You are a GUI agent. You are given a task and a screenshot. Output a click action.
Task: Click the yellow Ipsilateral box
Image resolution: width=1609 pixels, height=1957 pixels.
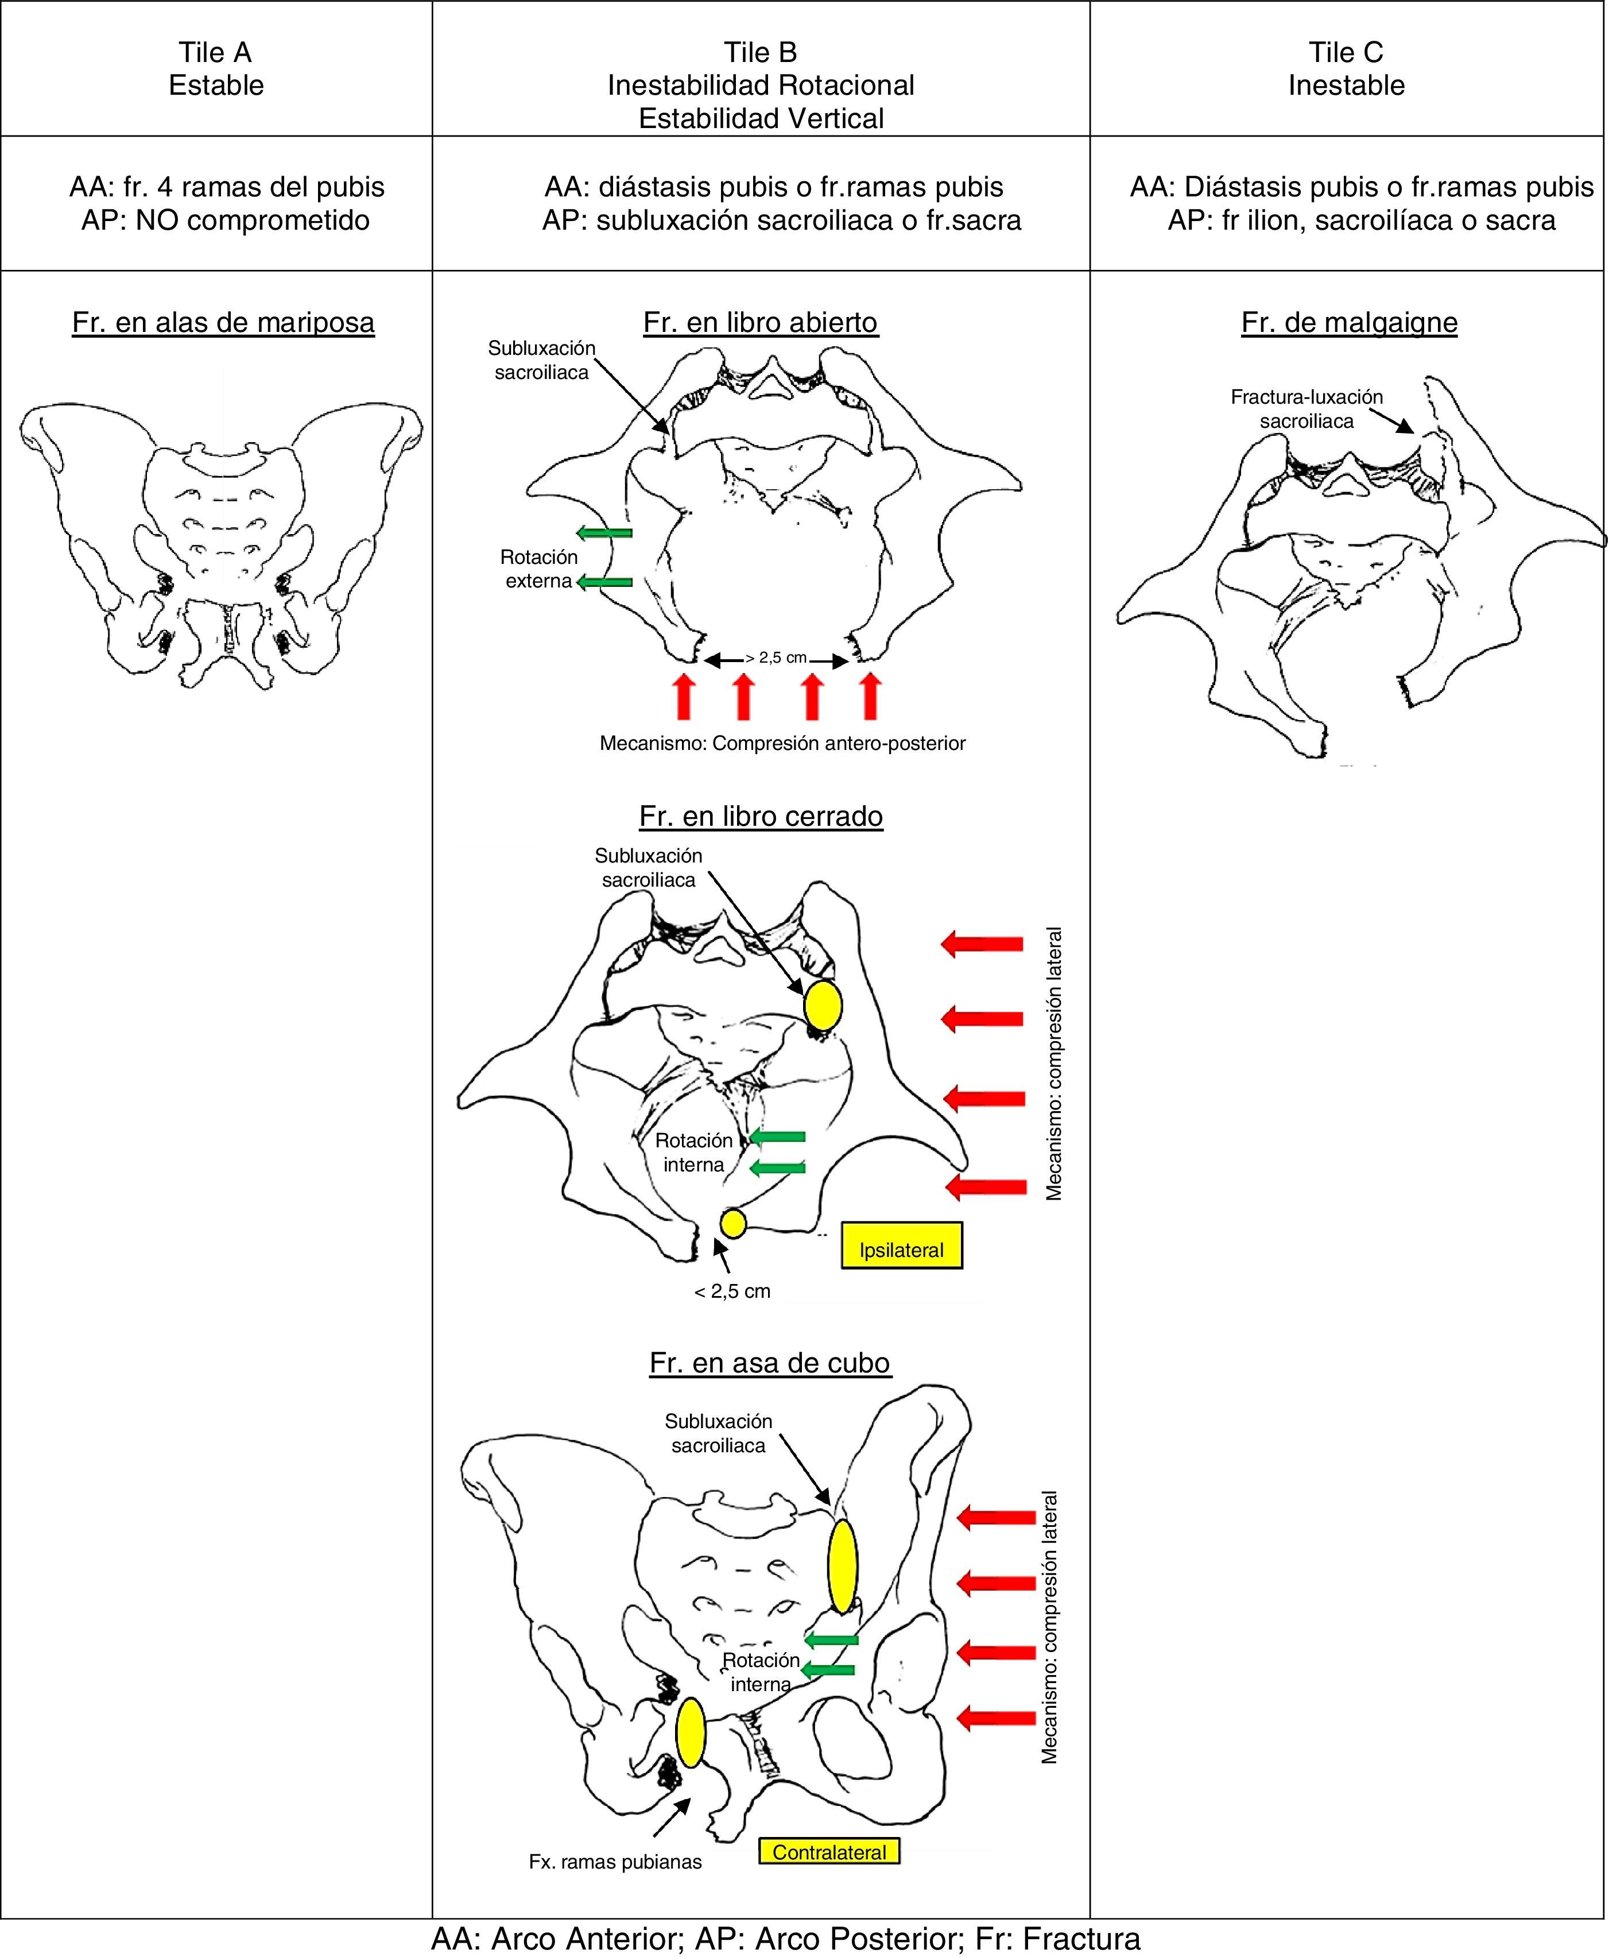pyautogui.click(x=901, y=1250)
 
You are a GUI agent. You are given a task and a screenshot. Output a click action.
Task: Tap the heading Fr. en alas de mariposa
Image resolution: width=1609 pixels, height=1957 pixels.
pyautogui.click(x=223, y=323)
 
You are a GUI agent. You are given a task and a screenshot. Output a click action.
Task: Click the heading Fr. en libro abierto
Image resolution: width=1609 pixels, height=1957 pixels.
pyautogui.click(x=760, y=323)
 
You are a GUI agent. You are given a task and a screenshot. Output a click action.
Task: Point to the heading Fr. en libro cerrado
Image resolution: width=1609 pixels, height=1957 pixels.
pyautogui.click(x=761, y=816)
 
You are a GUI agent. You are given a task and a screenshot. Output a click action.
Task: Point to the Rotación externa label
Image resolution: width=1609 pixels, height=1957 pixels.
pyautogui.click(x=538, y=569)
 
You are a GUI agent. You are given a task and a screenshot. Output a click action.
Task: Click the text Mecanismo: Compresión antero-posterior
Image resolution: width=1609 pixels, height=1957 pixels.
pyautogui.click(x=782, y=744)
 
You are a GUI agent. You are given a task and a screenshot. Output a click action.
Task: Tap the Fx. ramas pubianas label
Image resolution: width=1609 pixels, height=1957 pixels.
pyautogui.click(x=615, y=1862)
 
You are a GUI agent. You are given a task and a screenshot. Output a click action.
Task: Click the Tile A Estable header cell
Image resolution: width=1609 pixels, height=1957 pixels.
pyautogui.click(x=216, y=68)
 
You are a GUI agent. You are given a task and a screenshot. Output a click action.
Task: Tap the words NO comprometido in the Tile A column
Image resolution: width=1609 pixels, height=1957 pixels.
pyautogui.click(x=252, y=221)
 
